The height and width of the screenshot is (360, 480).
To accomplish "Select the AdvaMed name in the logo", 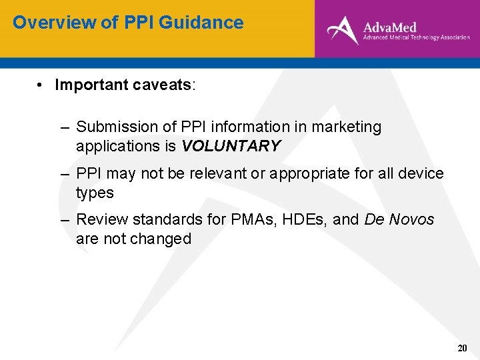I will (390, 27).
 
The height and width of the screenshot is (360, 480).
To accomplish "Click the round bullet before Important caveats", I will (41, 85).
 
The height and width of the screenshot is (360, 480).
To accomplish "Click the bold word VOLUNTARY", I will (231, 146).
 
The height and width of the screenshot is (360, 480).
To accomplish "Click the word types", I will (95, 193).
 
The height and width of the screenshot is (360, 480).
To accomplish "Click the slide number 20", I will (462, 348).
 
